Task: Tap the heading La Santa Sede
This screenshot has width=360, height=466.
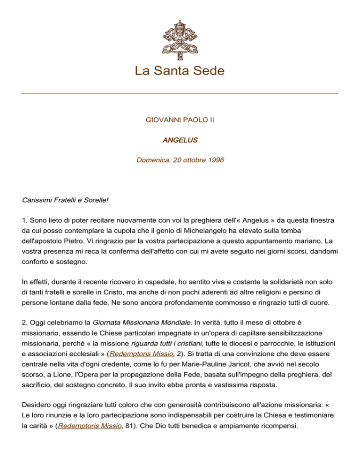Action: point(180,71)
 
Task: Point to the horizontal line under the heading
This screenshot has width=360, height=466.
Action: point(180,93)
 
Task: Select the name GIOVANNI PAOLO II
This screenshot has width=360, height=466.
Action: point(180,120)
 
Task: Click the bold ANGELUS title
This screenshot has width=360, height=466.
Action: point(180,140)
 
